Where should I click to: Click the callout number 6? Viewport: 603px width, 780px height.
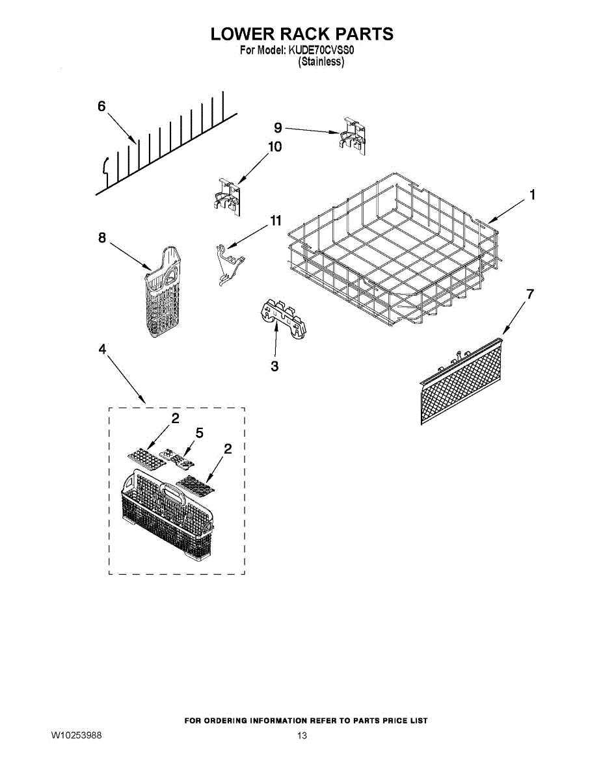pos(101,107)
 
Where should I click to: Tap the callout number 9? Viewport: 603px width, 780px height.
pos(278,127)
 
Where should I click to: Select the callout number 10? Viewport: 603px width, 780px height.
pos(275,147)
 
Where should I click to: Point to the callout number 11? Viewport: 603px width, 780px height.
pos(276,221)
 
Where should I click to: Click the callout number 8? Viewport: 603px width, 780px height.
pos(102,238)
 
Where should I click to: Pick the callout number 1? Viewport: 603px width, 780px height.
pos(532,194)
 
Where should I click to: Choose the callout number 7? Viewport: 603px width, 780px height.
pos(530,294)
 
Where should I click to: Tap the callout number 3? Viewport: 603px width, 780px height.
pos(275,367)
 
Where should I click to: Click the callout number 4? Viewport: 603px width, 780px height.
pos(102,350)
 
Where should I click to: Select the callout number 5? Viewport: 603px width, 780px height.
pos(199,432)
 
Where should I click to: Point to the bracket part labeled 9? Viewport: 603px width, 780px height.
pos(351,135)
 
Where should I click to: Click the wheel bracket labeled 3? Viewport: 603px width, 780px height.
pos(283,318)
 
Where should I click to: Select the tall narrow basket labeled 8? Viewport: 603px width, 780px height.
pos(161,292)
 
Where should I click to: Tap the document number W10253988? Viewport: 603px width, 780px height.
pos(77,735)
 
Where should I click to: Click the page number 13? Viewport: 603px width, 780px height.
pos(302,736)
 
